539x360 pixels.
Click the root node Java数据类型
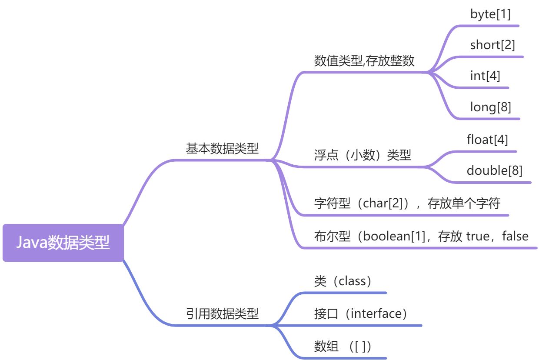pyautogui.click(x=63, y=243)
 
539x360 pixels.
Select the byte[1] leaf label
pyautogui.click(x=490, y=14)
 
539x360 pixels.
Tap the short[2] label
pyautogui.click(x=492, y=45)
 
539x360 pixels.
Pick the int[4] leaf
pyautogui.click(x=485, y=76)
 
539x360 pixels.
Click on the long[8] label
pyautogui.click(x=490, y=107)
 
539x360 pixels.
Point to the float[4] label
pyautogui.click(x=487, y=140)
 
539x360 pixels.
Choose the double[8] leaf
pyautogui.click(x=495, y=170)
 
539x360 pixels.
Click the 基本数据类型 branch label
pyautogui.click(x=222, y=149)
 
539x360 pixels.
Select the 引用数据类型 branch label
pyautogui.click(x=222, y=313)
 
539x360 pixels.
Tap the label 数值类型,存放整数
pyautogui.click(x=364, y=61)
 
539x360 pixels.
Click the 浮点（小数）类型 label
pyautogui.click(x=363, y=155)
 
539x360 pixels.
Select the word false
pyautogui.click(x=515, y=236)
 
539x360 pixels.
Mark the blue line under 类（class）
pyautogui.click(x=348, y=293)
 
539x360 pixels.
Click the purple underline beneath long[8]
pyautogui.click(x=491, y=118)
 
